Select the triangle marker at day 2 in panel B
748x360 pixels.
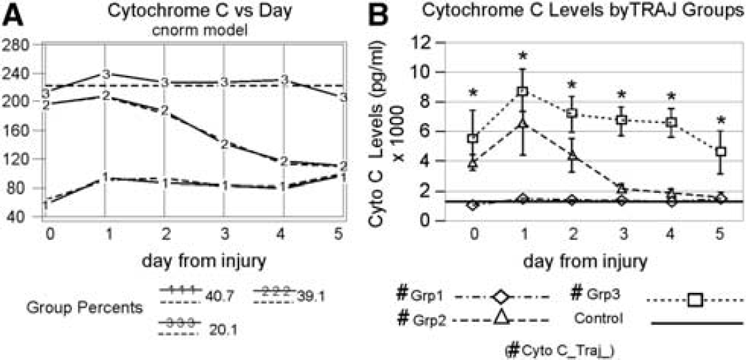(573, 155)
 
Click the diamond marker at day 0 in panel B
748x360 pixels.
(472, 205)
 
